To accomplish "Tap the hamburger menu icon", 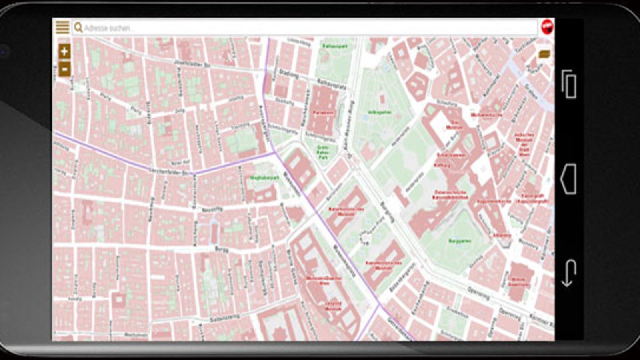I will tap(63, 27).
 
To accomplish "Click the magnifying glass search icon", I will tap(78, 28).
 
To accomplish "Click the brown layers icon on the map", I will tap(544, 54).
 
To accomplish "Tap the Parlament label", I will tap(323, 113).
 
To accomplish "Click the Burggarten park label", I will tap(460, 241).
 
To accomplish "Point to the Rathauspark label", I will tap(335, 46).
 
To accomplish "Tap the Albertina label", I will tap(502, 235).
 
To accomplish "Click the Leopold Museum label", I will tap(333, 306).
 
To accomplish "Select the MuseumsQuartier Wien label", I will tap(324, 280).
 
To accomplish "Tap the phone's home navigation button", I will tap(569, 179).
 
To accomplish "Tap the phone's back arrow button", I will tap(569, 273).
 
